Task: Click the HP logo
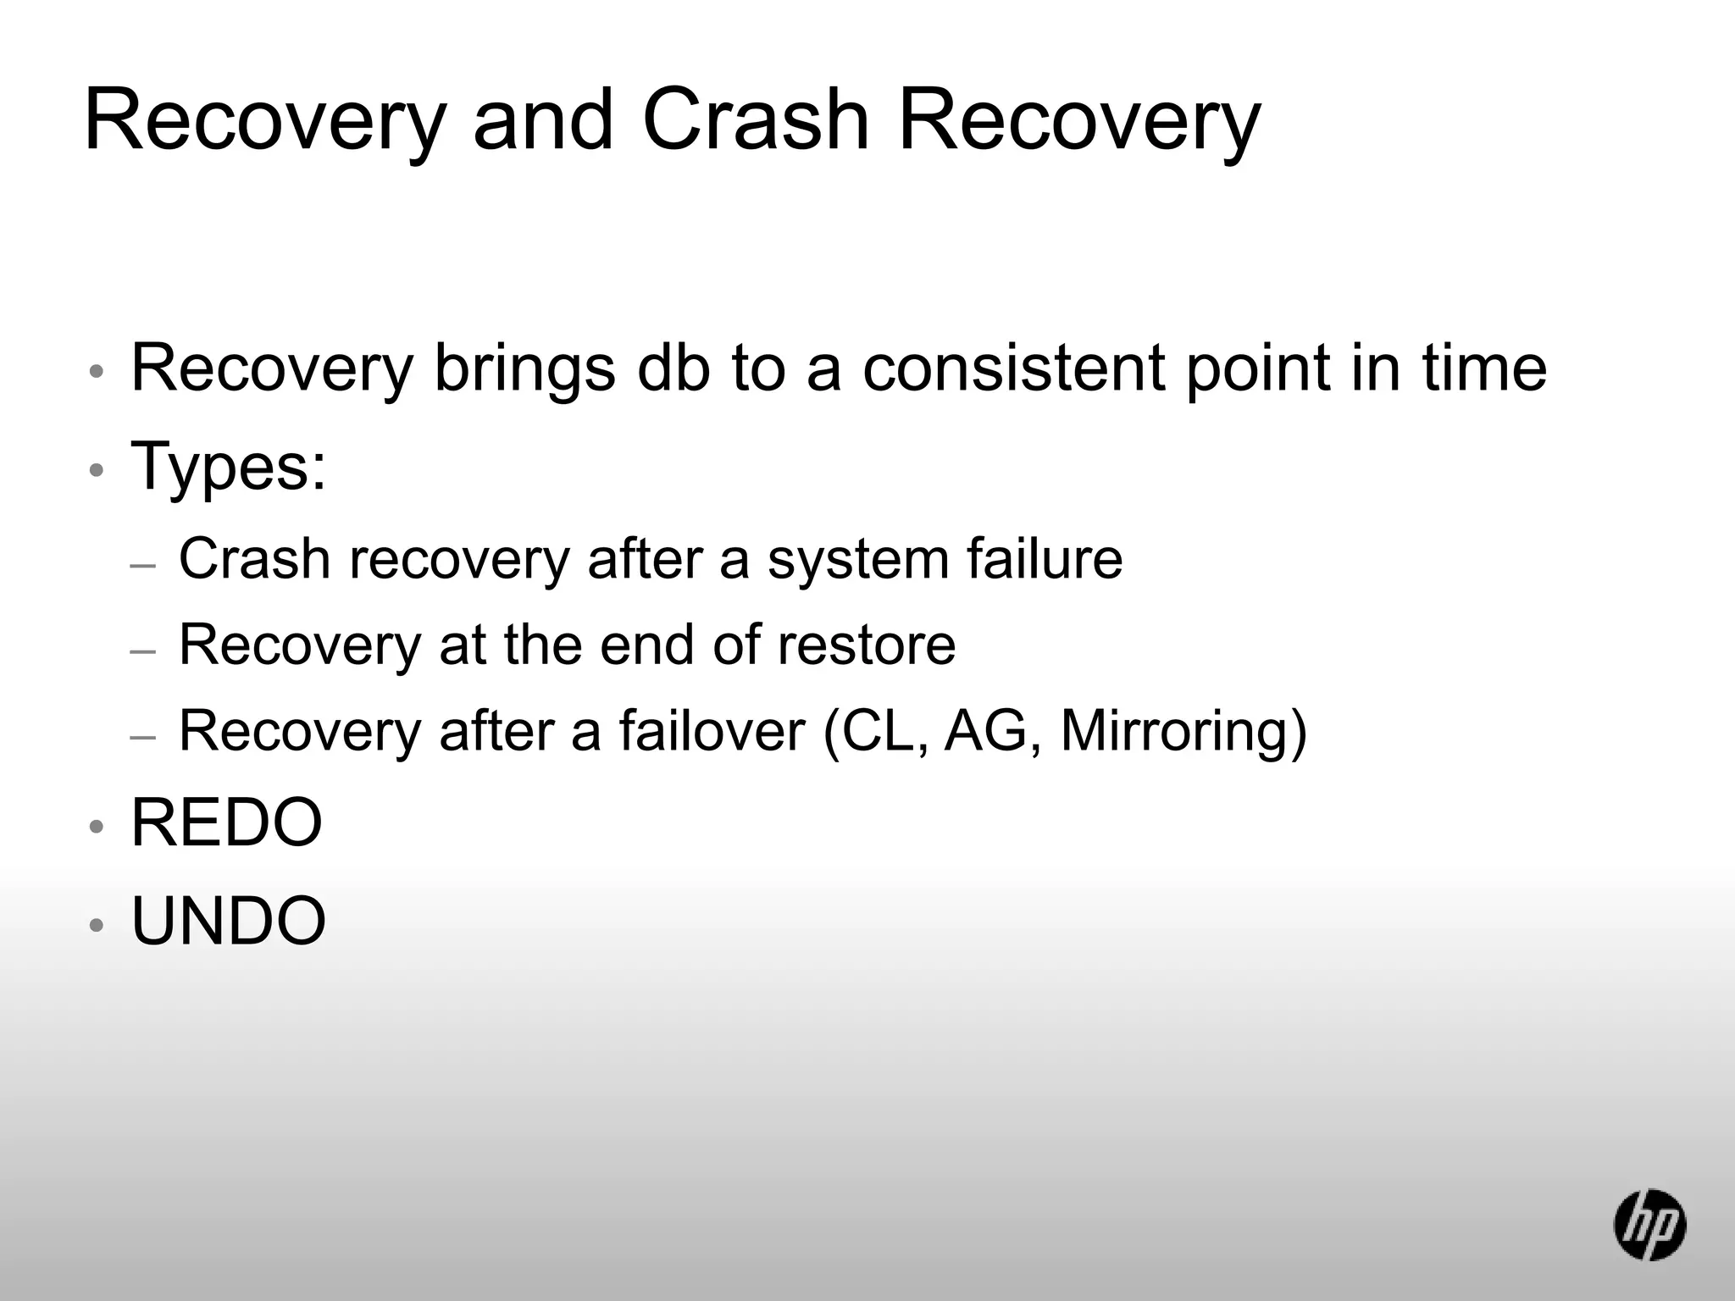[1649, 1224]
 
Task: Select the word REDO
[227, 822]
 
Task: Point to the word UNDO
[229, 921]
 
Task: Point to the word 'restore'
[866, 645]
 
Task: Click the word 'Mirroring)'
[1183, 732]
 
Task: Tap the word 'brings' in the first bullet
[524, 371]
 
